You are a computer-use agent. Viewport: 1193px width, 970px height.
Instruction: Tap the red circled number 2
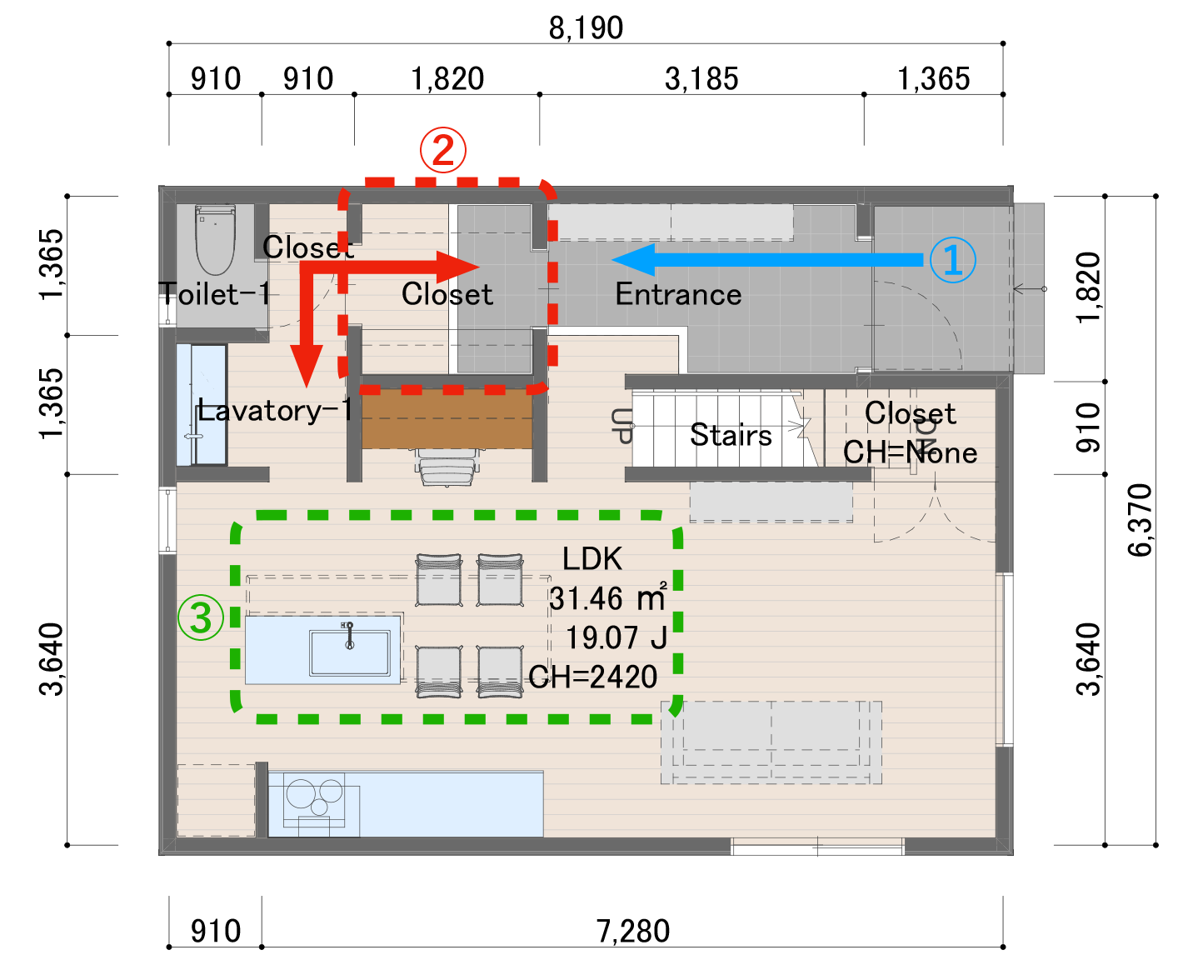(442, 150)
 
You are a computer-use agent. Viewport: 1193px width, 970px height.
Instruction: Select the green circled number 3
(201, 617)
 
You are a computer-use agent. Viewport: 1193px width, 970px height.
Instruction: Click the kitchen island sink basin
(349, 652)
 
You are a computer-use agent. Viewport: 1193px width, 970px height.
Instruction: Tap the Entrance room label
(678, 294)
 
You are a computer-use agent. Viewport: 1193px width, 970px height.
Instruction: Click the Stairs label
(731, 435)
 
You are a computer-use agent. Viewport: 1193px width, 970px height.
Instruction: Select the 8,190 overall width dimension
(586, 28)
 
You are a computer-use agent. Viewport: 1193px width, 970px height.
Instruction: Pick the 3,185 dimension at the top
(701, 79)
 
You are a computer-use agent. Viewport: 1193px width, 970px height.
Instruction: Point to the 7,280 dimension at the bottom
(633, 931)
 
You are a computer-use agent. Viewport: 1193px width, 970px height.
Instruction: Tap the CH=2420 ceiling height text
(593, 677)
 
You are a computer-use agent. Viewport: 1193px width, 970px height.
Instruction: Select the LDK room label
(592, 558)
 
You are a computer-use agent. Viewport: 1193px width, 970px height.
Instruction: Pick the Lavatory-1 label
(275, 410)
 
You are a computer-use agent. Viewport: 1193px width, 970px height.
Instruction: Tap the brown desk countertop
(447, 418)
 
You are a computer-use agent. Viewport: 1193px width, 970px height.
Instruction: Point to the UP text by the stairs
(621, 426)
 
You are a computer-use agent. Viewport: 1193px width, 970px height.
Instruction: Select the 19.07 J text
(616, 637)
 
